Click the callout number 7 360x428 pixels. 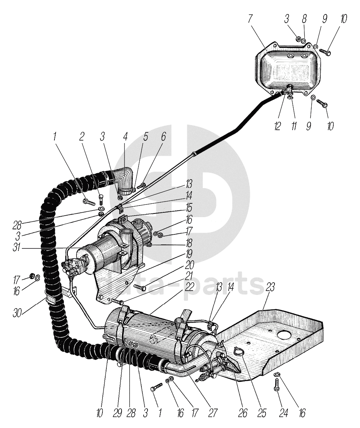click(x=250, y=19)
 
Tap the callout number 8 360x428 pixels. click(x=304, y=19)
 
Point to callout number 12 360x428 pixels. click(x=277, y=126)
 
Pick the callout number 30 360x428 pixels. click(x=17, y=313)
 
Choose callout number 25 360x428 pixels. click(x=262, y=413)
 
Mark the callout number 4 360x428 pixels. click(x=125, y=137)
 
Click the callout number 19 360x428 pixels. click(x=189, y=254)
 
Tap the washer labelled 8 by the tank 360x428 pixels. click(x=304, y=41)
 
